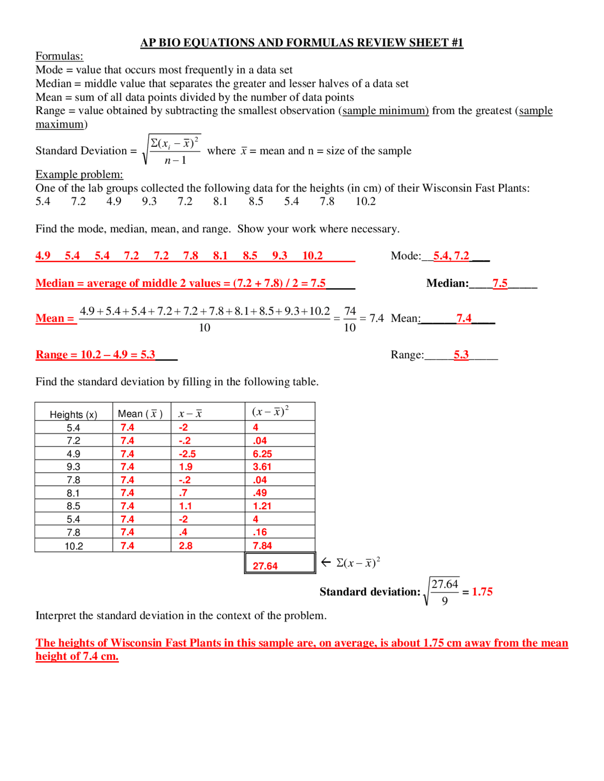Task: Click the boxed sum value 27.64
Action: coord(265,565)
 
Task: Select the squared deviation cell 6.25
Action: coord(262,454)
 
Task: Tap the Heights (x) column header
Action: coord(74,415)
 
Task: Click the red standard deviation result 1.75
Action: coord(482,591)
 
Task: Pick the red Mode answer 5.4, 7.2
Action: coord(451,256)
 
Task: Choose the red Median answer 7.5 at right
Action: coord(500,283)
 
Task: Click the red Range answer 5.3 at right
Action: coord(461,355)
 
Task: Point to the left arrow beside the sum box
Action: coord(326,562)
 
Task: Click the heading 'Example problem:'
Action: coord(79,174)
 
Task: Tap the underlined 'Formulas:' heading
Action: coord(59,56)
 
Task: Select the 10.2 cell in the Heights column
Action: coord(74,546)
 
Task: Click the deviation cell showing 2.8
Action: coord(185,546)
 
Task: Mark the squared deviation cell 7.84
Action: coord(262,546)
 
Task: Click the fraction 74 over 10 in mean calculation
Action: coord(350,319)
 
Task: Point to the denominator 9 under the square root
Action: coord(445,601)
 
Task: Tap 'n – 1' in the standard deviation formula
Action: coord(176,160)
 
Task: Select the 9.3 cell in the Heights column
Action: coord(73,467)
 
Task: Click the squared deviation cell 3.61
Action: coord(262,467)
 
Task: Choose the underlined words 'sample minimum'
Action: coord(386,110)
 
